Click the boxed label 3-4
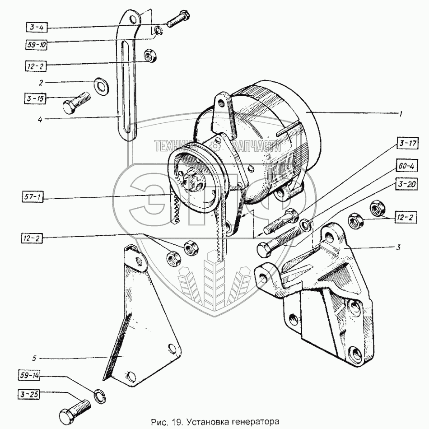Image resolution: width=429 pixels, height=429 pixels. tap(37, 28)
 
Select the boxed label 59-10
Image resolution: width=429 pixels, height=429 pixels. tap(37, 45)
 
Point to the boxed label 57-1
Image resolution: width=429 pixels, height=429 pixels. tap(33, 197)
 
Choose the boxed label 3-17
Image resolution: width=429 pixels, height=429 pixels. tap(408, 143)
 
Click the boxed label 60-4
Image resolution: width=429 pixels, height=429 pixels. tap(406, 166)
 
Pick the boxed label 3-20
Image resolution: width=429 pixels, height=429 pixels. tap(407, 185)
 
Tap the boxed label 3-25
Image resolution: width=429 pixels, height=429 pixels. tap(29, 395)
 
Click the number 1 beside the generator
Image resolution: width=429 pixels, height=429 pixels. tap(401, 114)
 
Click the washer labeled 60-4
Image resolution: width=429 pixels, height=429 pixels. tap(305, 224)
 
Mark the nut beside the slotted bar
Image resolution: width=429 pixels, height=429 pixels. tap(149, 56)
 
